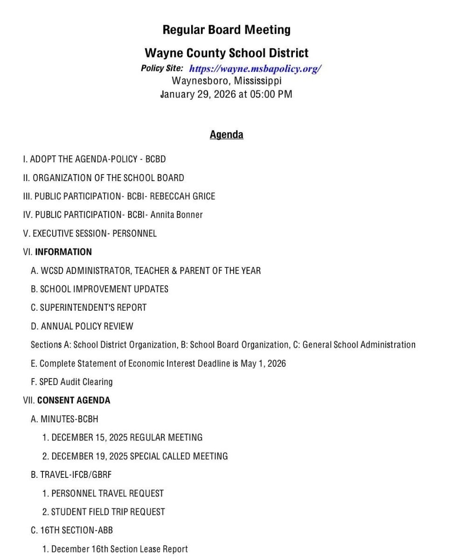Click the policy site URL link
255,69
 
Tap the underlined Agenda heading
226,134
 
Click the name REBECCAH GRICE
182,196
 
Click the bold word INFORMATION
63,252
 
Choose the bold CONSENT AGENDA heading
74,400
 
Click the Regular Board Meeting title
226,30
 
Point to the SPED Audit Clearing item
72,382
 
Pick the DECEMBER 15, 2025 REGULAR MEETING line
122,437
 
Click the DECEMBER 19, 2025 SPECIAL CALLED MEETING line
135,456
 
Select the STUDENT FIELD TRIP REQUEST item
104,512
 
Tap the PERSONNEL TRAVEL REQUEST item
103,493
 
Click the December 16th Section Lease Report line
115,549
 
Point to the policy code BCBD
155,159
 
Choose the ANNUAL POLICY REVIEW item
82,326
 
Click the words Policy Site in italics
162,68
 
